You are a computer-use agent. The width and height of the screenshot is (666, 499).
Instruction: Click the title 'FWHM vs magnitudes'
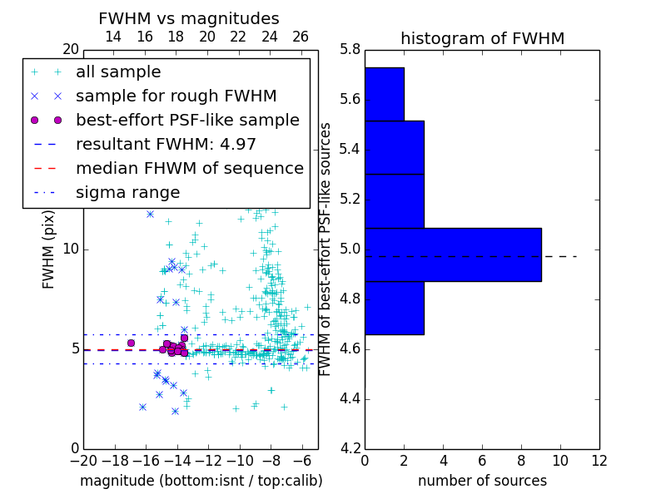click(x=189, y=19)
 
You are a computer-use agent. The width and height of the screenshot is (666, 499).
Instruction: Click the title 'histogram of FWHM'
click(x=482, y=39)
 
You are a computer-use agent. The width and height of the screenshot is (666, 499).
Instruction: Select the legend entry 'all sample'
click(x=118, y=72)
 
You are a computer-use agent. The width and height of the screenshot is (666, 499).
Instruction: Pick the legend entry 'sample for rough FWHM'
click(x=176, y=96)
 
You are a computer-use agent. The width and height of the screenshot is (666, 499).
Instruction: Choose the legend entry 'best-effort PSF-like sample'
click(x=187, y=121)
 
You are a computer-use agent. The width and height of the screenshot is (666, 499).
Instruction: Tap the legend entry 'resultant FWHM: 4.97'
click(x=166, y=145)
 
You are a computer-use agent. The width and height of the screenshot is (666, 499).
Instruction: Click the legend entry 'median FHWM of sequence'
click(x=189, y=169)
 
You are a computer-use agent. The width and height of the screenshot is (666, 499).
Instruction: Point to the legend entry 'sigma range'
click(x=127, y=193)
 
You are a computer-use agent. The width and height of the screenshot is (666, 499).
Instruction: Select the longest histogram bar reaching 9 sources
click(x=453, y=254)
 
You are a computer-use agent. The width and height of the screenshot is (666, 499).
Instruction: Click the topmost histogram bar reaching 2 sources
click(x=385, y=94)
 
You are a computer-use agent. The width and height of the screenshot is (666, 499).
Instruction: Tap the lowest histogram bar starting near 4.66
click(x=395, y=308)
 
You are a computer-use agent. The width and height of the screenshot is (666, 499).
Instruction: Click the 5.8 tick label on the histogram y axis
click(x=349, y=50)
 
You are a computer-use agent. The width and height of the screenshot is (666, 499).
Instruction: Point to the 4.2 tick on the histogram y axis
click(x=349, y=448)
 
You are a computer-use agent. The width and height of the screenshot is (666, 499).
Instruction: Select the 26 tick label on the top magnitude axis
click(x=301, y=37)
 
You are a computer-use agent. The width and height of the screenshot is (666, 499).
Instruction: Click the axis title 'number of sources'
click(x=482, y=481)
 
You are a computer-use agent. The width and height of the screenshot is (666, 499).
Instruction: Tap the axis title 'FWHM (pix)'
click(x=49, y=249)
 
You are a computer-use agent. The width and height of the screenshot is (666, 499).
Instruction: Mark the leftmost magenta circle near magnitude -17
click(x=131, y=343)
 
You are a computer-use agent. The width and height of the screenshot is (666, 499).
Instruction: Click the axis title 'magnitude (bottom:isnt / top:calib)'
click(x=201, y=481)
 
